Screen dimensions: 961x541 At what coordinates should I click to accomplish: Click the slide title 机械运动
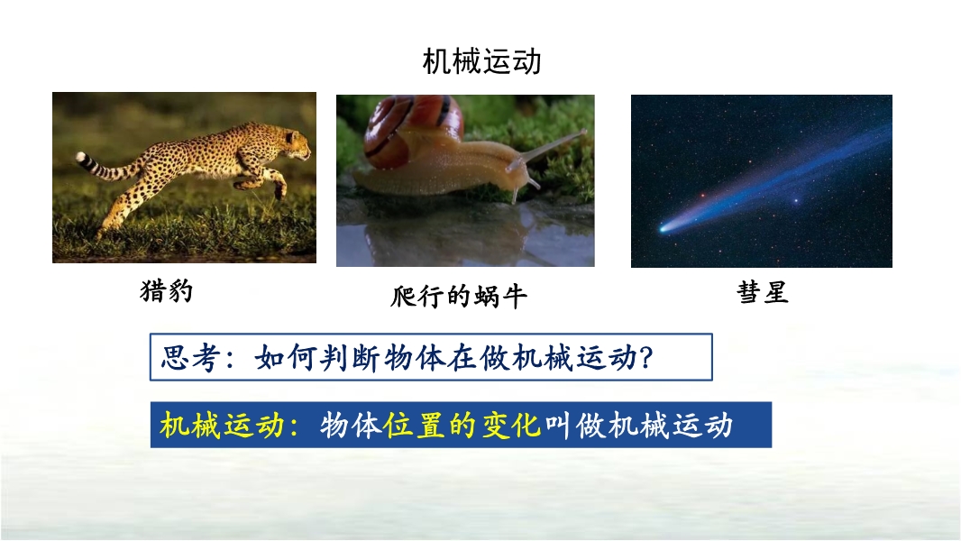coord(481,62)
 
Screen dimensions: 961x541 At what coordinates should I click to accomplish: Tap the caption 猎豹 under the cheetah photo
coord(167,291)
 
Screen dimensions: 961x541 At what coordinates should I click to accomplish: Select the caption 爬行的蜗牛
coord(459,297)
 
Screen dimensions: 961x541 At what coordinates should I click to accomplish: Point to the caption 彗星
coord(763,292)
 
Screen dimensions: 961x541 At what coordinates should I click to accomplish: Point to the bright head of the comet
coord(664,228)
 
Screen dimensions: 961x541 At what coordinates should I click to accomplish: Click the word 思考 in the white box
coord(189,357)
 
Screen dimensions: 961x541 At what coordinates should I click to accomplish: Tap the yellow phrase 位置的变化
coord(462,425)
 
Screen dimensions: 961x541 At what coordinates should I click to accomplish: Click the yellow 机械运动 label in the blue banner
coord(222,425)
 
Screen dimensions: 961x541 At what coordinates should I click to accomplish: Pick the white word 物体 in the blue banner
coord(351,425)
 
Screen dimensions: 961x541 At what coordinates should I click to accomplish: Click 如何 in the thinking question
coord(285,357)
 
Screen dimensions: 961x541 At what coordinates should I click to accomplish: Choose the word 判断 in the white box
coord(350,357)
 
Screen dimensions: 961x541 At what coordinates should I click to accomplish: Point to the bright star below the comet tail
coord(796,200)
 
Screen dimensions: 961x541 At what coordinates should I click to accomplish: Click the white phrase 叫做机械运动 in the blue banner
coord(638,425)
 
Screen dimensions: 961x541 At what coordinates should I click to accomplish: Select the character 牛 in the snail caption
coord(515,297)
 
